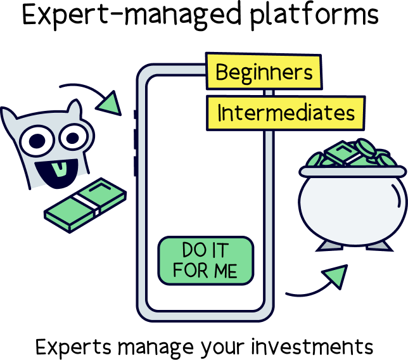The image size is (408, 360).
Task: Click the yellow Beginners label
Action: click(x=264, y=72)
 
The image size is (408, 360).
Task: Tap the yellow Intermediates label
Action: click(x=286, y=113)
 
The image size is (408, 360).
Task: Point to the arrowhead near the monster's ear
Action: click(x=112, y=103)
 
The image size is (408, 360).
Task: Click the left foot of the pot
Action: click(x=324, y=244)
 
